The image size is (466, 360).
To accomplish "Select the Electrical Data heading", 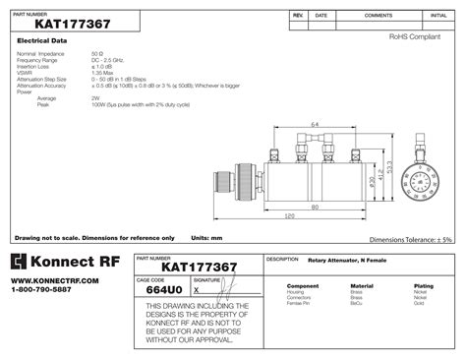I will pyautogui.click(x=42, y=40).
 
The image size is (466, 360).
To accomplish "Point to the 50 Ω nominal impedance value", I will pyautogui.click(x=96, y=53).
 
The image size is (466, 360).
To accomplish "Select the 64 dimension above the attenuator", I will pyautogui.click(x=314, y=125).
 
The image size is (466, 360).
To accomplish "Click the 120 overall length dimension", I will pyautogui.click(x=290, y=215).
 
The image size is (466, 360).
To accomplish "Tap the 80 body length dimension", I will pyautogui.click(x=314, y=207).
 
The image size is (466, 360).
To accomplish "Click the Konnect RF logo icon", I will pyautogui.click(x=20, y=261).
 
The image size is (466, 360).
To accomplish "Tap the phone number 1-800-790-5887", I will pyautogui.click(x=41, y=290).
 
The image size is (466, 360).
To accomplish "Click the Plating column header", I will pyautogui.click(x=424, y=286).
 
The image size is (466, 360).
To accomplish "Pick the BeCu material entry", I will pyautogui.click(x=361, y=303).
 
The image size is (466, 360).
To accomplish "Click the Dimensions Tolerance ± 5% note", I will pyautogui.click(x=410, y=239).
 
